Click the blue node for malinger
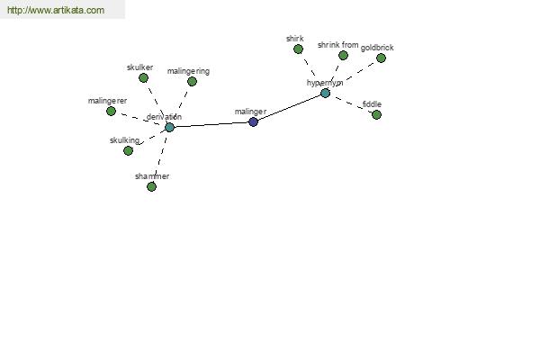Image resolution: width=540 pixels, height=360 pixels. click(253, 121)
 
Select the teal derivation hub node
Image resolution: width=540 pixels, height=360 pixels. click(169, 127)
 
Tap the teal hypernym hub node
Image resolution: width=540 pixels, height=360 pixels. click(325, 93)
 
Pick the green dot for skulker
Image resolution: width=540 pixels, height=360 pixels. click(142, 77)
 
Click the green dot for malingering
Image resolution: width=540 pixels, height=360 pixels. click(192, 81)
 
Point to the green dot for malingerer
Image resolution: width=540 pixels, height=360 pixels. click(111, 112)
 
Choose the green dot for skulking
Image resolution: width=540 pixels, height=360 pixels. click(128, 150)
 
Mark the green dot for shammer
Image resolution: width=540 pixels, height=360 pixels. click(151, 186)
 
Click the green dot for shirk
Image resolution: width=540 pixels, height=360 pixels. click(298, 49)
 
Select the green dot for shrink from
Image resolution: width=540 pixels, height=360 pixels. click(343, 55)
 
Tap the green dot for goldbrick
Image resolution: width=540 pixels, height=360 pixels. click(381, 58)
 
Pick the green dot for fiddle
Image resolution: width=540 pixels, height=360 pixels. click(376, 114)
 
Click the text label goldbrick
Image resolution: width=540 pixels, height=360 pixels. click(377, 48)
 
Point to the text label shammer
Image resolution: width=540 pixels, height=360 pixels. click(152, 176)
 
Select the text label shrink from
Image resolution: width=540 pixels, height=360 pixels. click(337, 44)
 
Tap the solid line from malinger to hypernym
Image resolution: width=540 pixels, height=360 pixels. click(289, 107)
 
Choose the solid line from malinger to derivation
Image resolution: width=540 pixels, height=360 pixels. click(211, 124)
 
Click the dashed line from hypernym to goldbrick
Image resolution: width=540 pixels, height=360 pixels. click(354, 75)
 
